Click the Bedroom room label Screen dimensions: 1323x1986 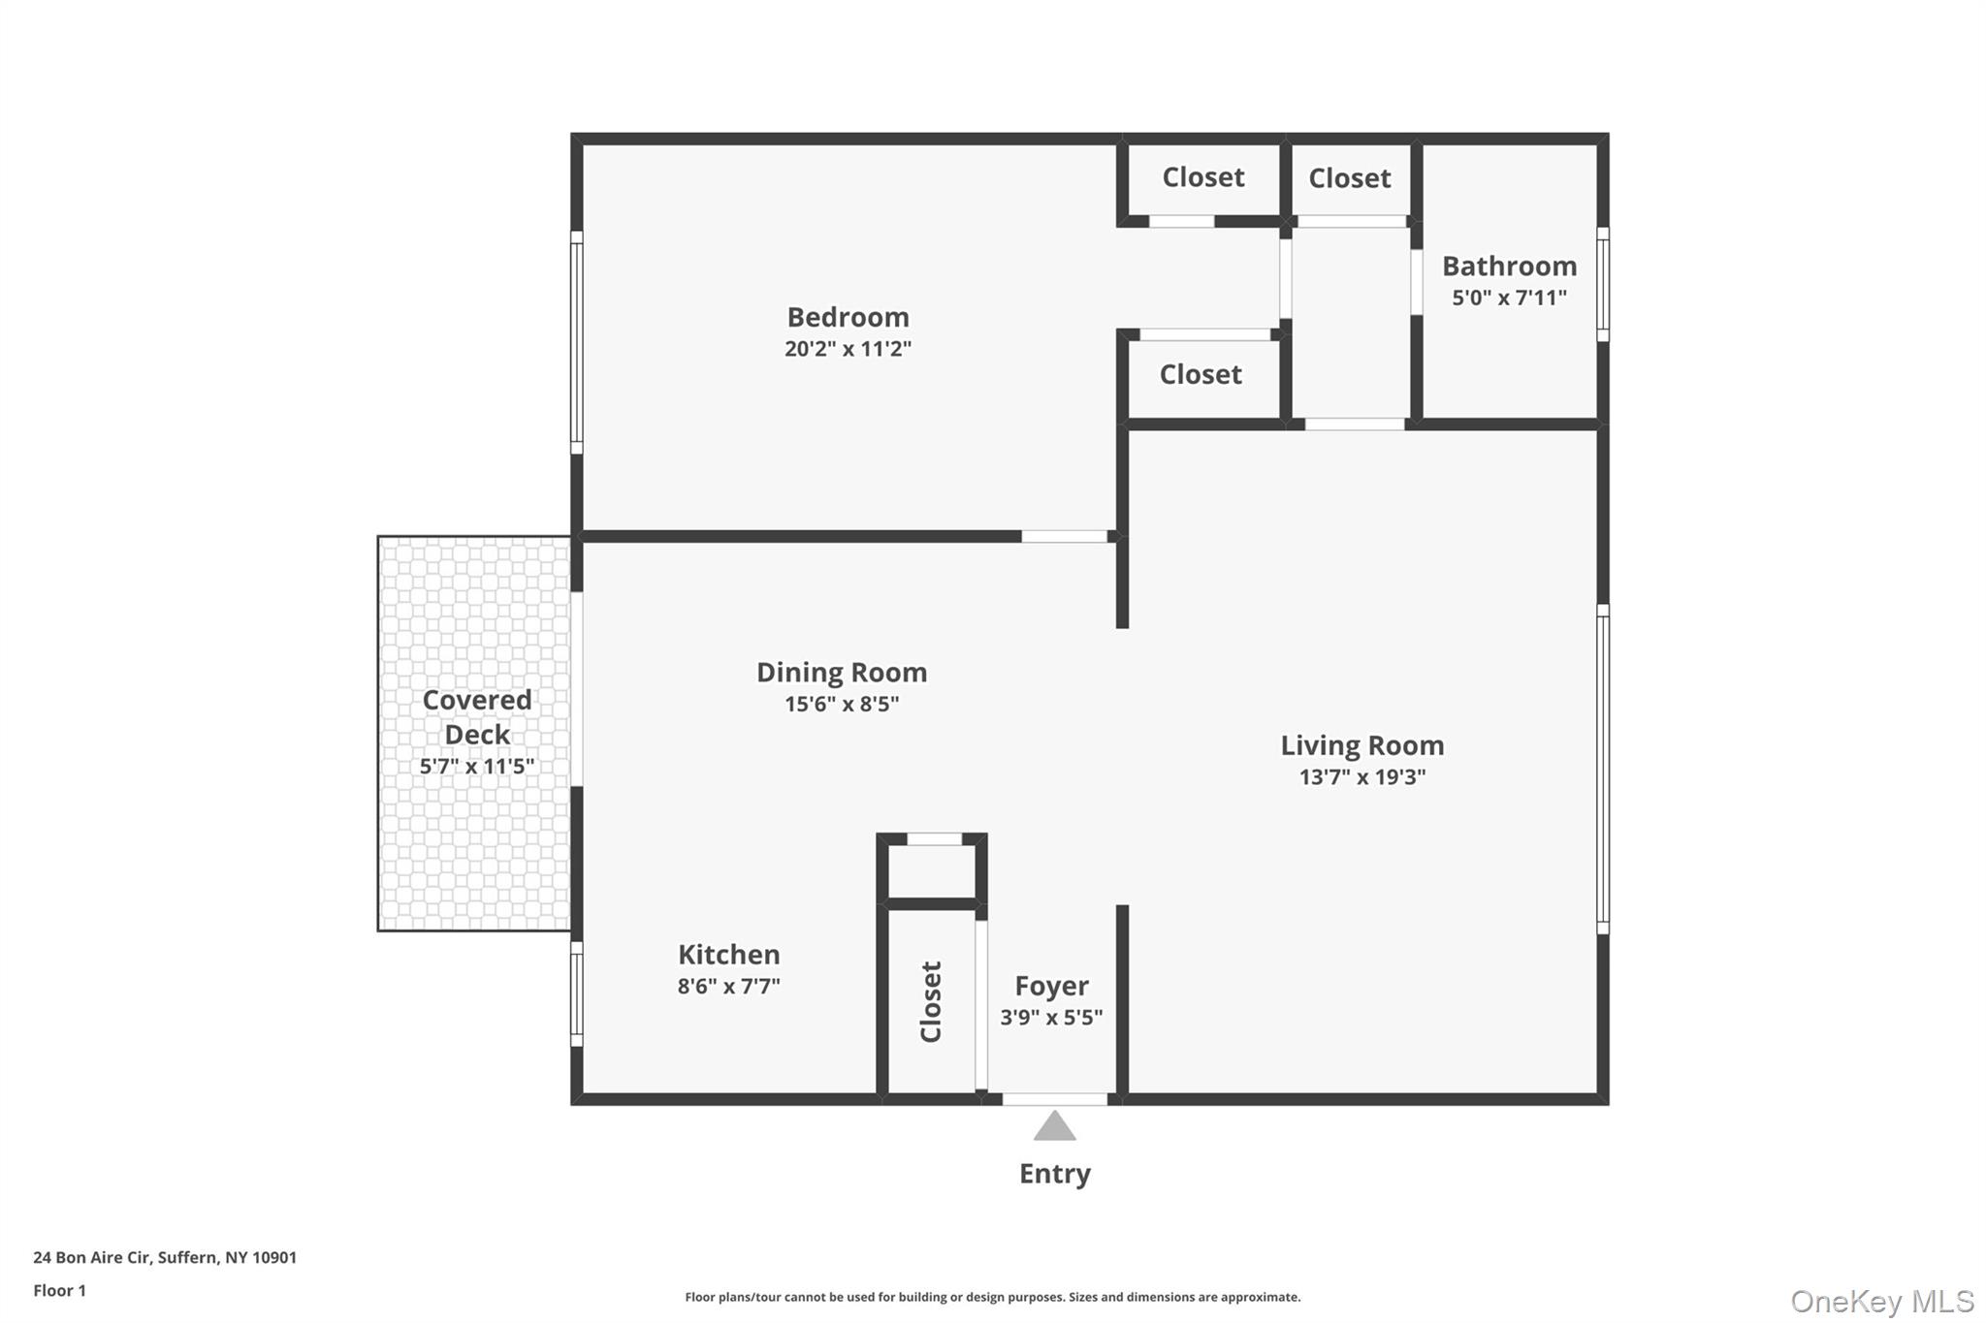click(x=848, y=317)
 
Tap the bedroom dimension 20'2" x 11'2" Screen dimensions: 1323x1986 click(x=848, y=349)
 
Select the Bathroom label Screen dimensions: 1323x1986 click(x=1509, y=266)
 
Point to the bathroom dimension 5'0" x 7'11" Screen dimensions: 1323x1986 click(x=1509, y=298)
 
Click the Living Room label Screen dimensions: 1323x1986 click(x=1361, y=745)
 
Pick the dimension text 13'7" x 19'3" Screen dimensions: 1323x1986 click(x=1361, y=777)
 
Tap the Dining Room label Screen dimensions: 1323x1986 click(x=842, y=672)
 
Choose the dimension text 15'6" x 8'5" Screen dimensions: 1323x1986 click(x=842, y=704)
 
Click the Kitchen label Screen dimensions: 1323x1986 click(x=728, y=955)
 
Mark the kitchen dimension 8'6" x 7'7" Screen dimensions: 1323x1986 click(x=728, y=987)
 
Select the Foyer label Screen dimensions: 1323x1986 click(x=1051, y=986)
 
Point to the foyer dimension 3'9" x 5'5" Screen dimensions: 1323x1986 click(x=1051, y=1018)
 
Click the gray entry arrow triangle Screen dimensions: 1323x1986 click(x=1054, y=1127)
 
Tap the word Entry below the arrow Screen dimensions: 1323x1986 click(x=1054, y=1174)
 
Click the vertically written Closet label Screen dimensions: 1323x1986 click(x=931, y=1001)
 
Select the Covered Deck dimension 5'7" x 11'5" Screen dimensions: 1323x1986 click(x=476, y=767)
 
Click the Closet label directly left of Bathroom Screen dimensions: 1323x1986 click(x=1349, y=178)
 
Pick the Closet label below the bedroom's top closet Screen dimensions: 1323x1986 click(x=1200, y=374)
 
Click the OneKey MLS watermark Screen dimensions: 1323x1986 click(x=1881, y=1301)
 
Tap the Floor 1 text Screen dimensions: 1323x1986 click(x=59, y=1290)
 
